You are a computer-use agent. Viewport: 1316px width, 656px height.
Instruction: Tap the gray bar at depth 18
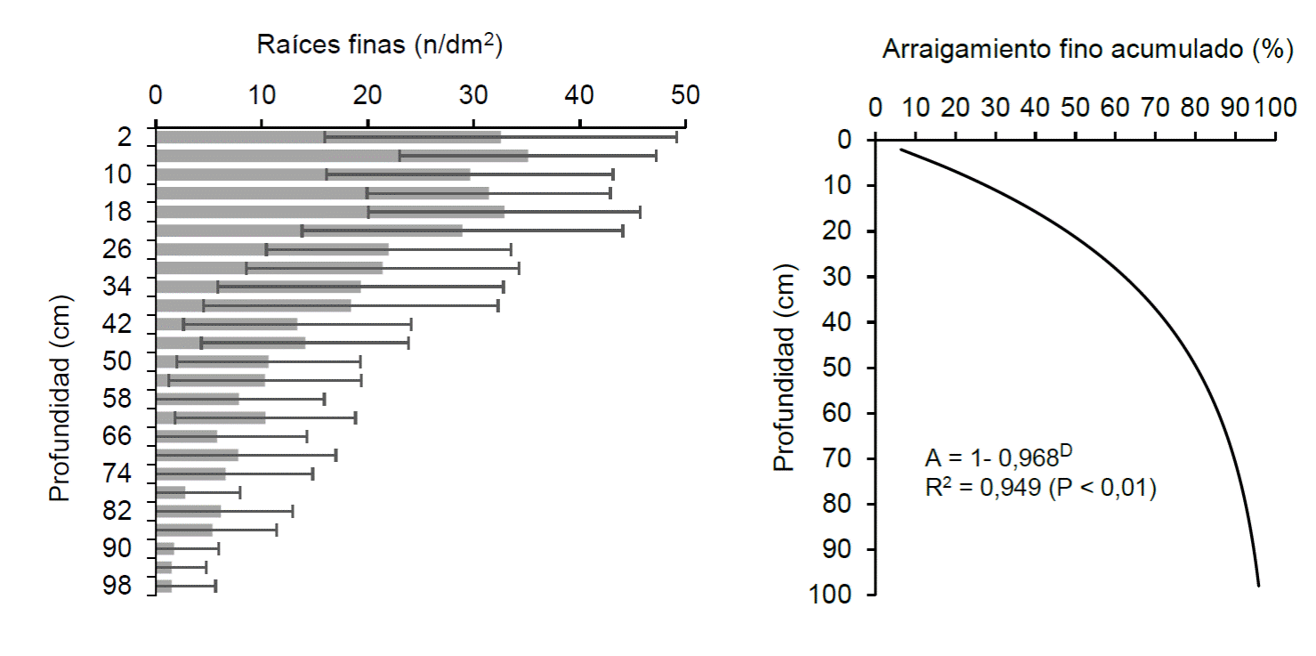point(329,212)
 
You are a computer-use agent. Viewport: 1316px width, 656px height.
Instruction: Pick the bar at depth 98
point(164,586)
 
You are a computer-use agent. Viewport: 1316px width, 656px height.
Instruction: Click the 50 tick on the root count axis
point(685,94)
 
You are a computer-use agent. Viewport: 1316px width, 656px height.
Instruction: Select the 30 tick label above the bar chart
point(473,94)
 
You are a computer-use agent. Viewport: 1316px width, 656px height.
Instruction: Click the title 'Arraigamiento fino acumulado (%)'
point(1087,51)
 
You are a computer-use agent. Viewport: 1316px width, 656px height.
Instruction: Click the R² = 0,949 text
point(1040,489)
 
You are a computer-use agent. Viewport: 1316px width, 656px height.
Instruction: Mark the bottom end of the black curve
point(1258,585)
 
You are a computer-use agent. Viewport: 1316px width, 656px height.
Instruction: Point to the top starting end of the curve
point(901,150)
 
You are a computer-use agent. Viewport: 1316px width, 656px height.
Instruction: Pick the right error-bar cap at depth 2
point(676,137)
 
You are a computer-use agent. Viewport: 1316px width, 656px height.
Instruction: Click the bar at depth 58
point(197,399)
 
